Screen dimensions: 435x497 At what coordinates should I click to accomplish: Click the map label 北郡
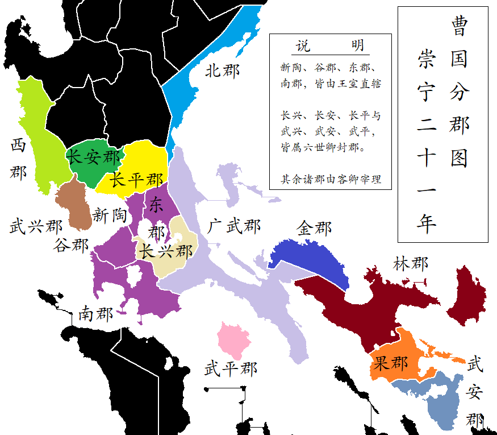[222, 71]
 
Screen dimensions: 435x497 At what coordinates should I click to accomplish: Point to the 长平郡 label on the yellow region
[136, 180]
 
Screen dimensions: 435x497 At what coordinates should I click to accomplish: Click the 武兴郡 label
[36, 227]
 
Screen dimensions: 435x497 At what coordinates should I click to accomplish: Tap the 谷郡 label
[71, 246]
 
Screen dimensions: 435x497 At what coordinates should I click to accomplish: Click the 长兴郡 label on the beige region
[166, 251]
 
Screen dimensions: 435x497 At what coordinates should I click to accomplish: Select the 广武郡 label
[233, 226]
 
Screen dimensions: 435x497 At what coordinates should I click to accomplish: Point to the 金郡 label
[314, 229]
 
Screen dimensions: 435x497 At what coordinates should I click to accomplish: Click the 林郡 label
[411, 263]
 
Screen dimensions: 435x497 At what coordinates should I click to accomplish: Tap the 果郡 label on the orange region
[390, 362]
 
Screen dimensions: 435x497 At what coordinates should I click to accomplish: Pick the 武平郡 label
[231, 368]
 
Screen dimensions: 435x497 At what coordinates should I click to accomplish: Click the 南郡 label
[95, 314]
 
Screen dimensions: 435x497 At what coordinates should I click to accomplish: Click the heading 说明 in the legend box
[330, 46]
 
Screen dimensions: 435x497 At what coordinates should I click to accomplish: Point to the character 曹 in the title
[459, 26]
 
